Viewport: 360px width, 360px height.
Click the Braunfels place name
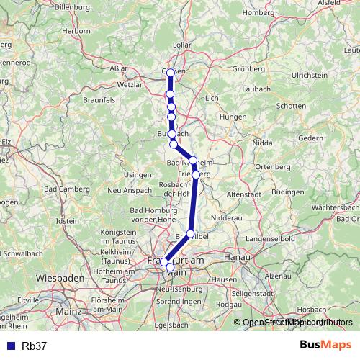99,100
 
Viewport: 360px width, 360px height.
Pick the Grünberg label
248,69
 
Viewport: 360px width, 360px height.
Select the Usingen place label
138,174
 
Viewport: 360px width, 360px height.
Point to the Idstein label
67,220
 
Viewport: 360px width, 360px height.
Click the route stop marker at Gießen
170,72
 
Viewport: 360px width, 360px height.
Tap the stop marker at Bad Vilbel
191,233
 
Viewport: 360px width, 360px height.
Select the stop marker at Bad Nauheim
193,160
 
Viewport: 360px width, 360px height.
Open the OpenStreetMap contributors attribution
297,323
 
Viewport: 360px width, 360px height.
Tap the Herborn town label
76,31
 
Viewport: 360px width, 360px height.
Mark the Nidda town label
263,143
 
